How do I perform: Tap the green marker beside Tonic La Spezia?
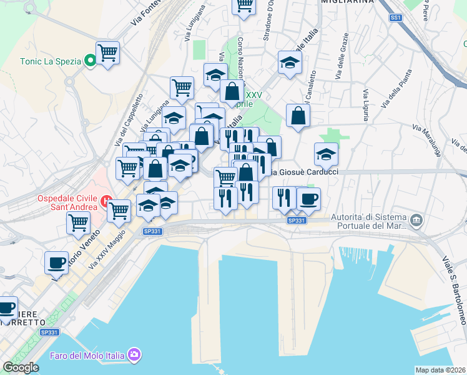[89, 61]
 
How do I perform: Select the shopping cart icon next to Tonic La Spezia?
[107, 52]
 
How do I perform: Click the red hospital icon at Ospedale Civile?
[107, 202]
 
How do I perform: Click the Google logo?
[21, 367]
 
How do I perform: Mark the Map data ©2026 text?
[440, 369]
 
